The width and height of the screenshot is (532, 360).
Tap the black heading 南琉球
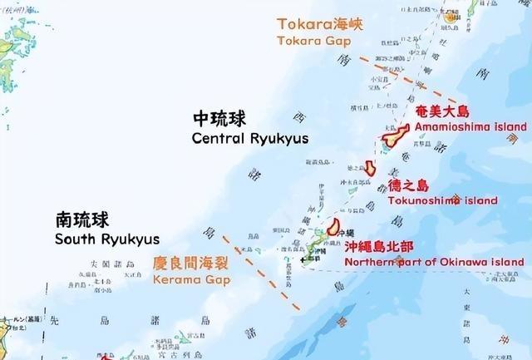[x=81, y=220]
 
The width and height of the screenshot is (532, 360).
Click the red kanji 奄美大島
[x=442, y=111]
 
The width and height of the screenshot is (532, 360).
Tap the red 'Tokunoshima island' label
[x=442, y=200]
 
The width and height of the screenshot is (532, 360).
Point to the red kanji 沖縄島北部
[x=381, y=246]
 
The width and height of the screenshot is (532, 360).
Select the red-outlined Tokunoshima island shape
[x=370, y=166]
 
